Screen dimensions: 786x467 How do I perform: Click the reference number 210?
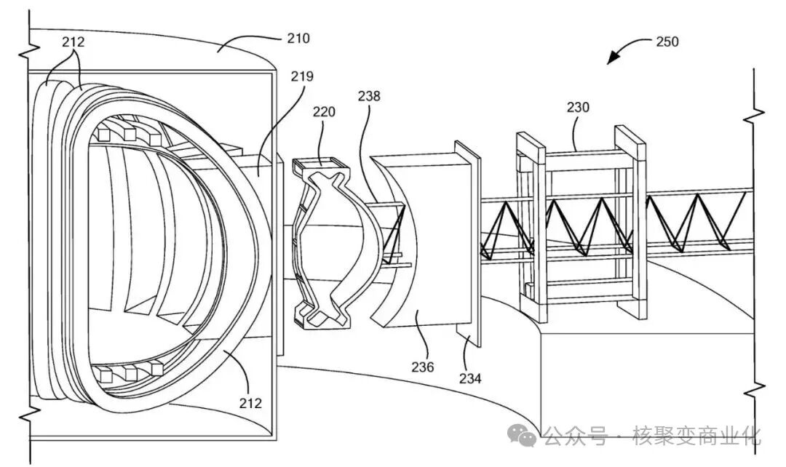click(x=298, y=38)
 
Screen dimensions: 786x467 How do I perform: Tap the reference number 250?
click(x=667, y=41)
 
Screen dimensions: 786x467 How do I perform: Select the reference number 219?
click(x=302, y=76)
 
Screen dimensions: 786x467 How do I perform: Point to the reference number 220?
click(x=324, y=111)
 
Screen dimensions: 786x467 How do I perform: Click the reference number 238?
click(x=369, y=96)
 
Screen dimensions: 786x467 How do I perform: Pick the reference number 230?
click(x=578, y=107)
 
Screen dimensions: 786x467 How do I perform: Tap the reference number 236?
click(x=423, y=367)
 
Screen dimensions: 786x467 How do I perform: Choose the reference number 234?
click(x=470, y=378)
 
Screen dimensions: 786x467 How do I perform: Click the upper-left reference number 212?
click(x=74, y=41)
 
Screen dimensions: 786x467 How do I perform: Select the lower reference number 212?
click(x=250, y=403)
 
